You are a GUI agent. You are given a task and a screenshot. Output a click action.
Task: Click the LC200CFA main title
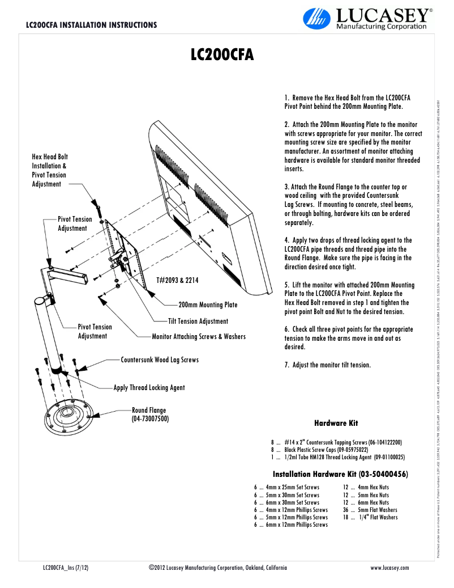pyautogui.click(x=221, y=55)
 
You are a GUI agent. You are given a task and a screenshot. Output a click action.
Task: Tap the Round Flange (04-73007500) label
pyautogui.click(x=150, y=414)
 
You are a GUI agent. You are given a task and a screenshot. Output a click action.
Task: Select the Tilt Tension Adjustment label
pyautogui.click(x=198, y=322)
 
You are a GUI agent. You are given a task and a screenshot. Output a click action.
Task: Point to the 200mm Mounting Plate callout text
pyautogui.click(x=208, y=305)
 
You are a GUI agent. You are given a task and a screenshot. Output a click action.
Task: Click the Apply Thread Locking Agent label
pyautogui.click(x=149, y=388)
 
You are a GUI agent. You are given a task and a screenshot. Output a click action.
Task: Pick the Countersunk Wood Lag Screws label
pyautogui.click(x=160, y=360)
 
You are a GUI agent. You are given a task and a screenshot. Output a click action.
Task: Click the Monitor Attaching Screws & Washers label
pyautogui.click(x=199, y=337)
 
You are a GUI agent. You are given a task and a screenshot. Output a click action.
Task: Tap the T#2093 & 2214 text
pyautogui.click(x=177, y=280)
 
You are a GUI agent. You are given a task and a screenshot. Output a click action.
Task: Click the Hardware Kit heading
pyautogui.click(x=336, y=423)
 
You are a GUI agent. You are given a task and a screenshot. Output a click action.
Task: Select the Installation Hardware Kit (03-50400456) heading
pyautogui.click(x=341, y=474)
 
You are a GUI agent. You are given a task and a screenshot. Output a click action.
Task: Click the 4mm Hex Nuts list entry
pyautogui.click(x=367, y=487)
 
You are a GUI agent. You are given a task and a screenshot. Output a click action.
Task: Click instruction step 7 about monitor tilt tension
pyautogui.click(x=327, y=365)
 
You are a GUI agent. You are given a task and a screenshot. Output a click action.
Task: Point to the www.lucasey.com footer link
pyautogui.click(x=389, y=568)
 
